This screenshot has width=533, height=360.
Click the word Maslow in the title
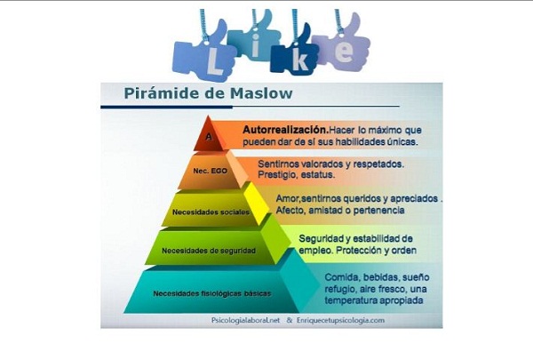pyautogui.click(x=260, y=93)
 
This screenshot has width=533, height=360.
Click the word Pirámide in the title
pyautogui.click(x=156, y=93)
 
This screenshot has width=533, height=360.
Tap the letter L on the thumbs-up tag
pyautogui.click(x=213, y=62)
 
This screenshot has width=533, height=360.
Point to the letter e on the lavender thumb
pyautogui.click(x=344, y=52)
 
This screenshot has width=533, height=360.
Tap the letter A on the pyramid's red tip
pyautogui.click(x=209, y=137)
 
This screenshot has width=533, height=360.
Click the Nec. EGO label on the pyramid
pyautogui.click(x=210, y=171)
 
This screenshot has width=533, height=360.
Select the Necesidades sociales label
pyautogui.click(x=211, y=212)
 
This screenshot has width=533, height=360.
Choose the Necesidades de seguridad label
pyautogui.click(x=209, y=251)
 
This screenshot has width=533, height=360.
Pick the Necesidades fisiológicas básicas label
pyautogui.click(x=212, y=293)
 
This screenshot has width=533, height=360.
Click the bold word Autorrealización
pyautogui.click(x=285, y=130)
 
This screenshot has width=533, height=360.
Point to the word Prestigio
pyautogui.click(x=274, y=175)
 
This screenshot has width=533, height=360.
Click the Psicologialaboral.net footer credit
pyautogui.click(x=245, y=320)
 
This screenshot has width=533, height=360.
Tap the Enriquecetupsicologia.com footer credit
pyautogui.click(x=340, y=320)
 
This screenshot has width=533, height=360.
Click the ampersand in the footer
pyautogui.click(x=290, y=320)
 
